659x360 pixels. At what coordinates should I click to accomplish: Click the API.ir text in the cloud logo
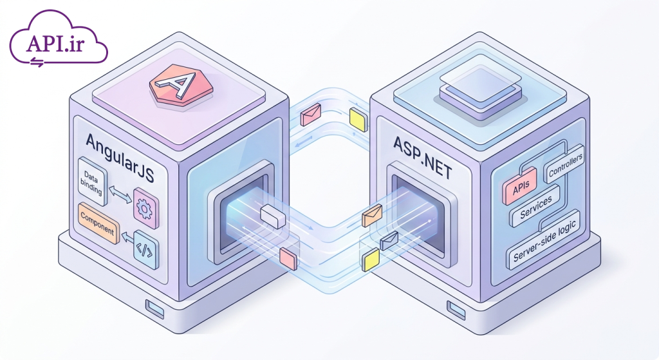(x=55, y=43)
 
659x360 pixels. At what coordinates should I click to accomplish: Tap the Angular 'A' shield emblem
(x=181, y=86)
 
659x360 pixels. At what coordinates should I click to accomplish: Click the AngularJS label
(x=119, y=158)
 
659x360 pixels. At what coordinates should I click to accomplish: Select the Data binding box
(x=92, y=181)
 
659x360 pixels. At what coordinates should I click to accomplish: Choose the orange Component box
(x=98, y=223)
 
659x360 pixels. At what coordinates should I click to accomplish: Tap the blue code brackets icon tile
(x=146, y=249)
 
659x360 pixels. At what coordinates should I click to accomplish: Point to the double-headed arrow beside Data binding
(x=120, y=195)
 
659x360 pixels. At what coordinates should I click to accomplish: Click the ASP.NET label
(x=422, y=158)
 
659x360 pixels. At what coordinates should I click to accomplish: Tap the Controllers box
(x=565, y=164)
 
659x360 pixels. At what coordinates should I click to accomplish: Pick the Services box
(x=535, y=207)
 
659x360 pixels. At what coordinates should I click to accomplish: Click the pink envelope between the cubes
(x=311, y=115)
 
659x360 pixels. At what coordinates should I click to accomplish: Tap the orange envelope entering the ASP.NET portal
(x=372, y=215)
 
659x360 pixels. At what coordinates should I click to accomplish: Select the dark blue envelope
(x=389, y=241)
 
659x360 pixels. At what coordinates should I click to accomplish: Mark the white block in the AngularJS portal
(x=273, y=217)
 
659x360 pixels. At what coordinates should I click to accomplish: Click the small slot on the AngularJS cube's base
(x=154, y=308)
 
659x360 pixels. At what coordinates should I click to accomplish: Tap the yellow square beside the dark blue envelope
(x=371, y=260)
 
